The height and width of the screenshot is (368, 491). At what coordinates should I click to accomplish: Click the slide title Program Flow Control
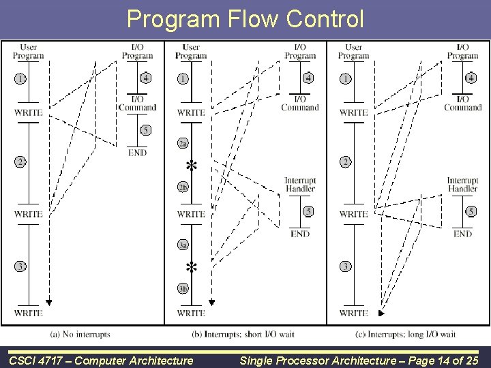click(245, 18)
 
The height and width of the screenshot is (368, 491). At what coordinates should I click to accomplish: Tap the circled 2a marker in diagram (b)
click(183, 144)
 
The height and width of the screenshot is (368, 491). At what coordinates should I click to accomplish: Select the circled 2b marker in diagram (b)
click(183, 187)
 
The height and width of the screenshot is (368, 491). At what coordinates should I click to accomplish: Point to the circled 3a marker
click(183, 245)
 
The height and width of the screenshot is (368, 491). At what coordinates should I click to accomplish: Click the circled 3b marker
click(183, 288)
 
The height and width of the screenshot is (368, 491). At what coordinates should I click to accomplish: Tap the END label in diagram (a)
click(137, 153)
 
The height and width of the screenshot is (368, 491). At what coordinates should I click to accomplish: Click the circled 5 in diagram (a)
click(145, 129)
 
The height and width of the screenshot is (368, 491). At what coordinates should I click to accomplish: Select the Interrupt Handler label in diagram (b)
click(300, 184)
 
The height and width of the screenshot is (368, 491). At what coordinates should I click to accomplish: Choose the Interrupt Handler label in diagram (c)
click(462, 184)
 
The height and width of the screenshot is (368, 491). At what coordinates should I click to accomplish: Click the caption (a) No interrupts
click(80, 335)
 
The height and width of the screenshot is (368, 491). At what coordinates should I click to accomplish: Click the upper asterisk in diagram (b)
click(192, 166)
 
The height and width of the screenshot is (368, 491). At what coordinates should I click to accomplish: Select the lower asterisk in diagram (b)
click(192, 266)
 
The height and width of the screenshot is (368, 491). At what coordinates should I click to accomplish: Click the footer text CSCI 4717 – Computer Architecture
click(101, 358)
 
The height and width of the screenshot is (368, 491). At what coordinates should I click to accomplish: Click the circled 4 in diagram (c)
click(471, 78)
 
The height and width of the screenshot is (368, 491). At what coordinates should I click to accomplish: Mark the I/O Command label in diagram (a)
click(137, 104)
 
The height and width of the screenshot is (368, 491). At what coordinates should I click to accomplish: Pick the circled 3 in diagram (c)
click(345, 266)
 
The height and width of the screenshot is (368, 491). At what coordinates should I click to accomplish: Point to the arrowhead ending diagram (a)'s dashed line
click(49, 302)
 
